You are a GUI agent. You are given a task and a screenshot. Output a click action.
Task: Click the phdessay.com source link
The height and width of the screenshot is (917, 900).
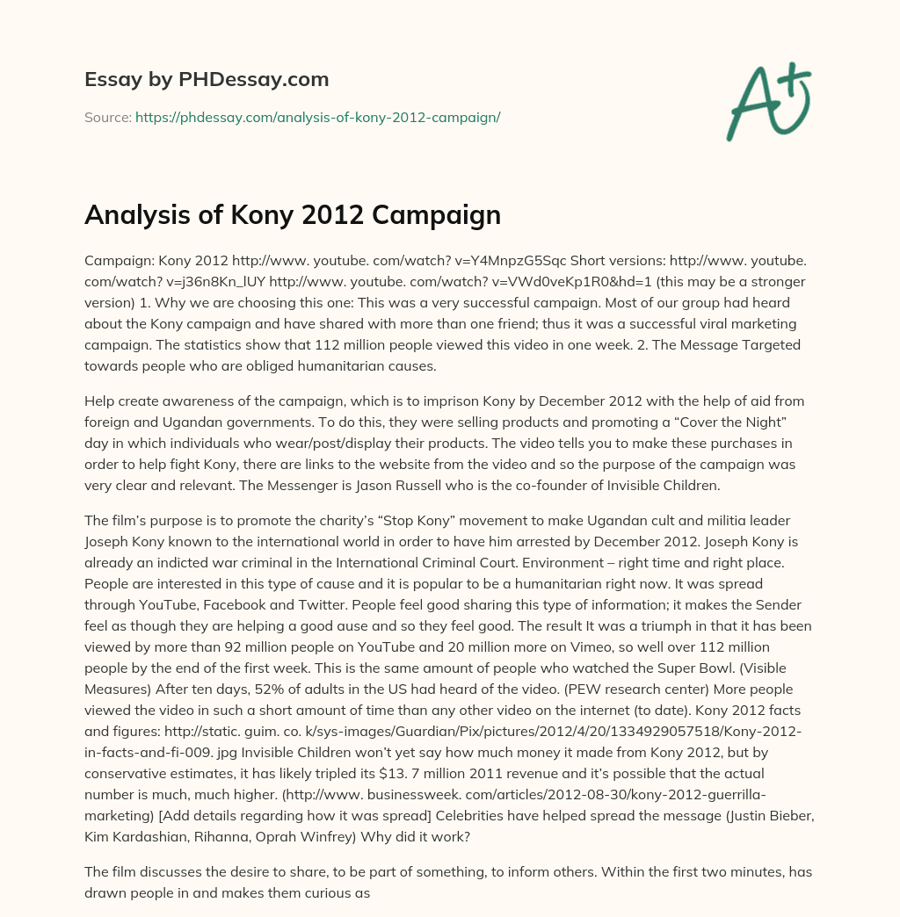(x=317, y=117)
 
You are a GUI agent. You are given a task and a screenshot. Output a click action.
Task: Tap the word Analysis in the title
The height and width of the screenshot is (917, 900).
(x=130, y=215)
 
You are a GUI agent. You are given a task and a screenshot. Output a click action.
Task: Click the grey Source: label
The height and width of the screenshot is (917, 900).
(x=108, y=117)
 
